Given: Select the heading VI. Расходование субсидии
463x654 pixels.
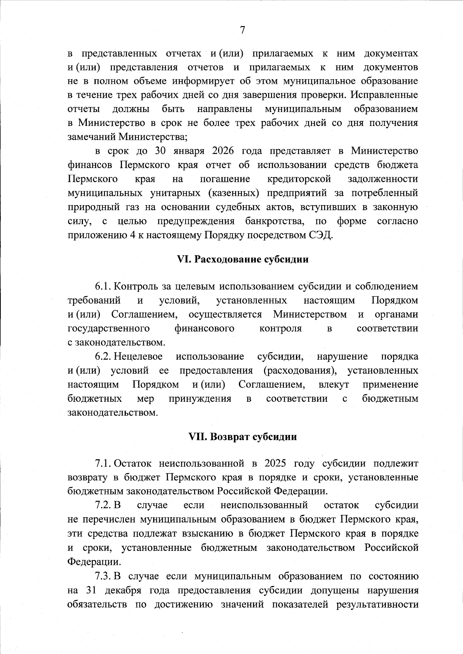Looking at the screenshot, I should (x=242, y=259).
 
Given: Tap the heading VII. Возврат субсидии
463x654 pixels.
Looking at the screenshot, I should (x=243, y=437).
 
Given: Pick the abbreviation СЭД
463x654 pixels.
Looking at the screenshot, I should (x=322, y=235).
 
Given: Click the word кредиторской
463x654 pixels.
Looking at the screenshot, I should (x=299, y=179).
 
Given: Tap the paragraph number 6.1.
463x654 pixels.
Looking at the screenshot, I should (x=103, y=287).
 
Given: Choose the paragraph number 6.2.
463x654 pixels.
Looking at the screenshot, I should (x=103, y=356).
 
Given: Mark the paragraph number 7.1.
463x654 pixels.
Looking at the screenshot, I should (x=103, y=463).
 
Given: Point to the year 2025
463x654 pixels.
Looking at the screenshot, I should (x=276, y=463).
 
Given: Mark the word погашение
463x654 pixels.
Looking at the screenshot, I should (x=225, y=179).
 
